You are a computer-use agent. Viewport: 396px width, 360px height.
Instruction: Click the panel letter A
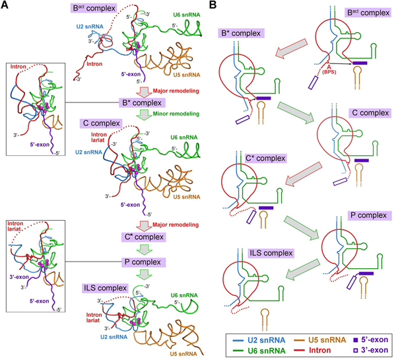click(5, 5)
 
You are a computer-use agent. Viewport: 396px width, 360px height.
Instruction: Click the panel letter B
click(213, 5)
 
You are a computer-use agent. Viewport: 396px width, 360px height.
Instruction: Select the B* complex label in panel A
click(142, 103)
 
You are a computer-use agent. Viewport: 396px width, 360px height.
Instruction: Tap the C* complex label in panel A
click(143, 237)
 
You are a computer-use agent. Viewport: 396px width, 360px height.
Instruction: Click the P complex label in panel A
click(143, 262)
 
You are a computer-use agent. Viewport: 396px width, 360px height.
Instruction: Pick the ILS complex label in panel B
click(271, 253)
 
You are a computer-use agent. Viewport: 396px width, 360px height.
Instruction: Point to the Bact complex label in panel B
click(368, 13)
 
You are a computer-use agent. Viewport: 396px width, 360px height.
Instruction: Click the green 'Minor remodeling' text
click(176, 114)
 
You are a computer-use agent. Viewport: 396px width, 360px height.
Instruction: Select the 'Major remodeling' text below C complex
click(176, 225)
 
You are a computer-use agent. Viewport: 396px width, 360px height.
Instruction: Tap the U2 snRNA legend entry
click(259, 340)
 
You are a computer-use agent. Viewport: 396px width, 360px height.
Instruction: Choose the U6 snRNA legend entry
click(259, 351)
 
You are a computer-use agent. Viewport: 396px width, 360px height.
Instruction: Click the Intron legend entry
click(313, 350)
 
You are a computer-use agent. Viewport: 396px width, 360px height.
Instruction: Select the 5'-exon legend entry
click(371, 340)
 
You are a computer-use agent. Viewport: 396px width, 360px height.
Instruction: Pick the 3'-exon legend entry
click(371, 350)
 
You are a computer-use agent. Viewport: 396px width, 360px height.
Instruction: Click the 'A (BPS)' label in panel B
click(329, 69)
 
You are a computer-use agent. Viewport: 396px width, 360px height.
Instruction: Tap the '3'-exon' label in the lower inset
click(19, 277)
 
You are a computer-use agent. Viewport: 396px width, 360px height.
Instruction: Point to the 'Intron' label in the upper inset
click(18, 67)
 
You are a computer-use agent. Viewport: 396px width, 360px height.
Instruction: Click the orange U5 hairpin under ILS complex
click(265, 319)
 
